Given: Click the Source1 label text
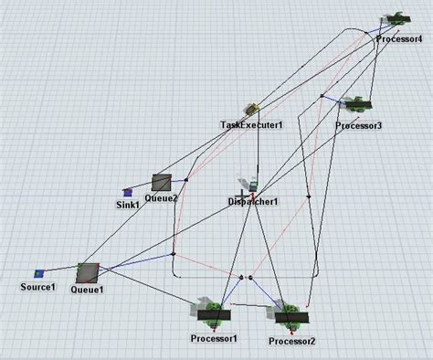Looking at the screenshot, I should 38,288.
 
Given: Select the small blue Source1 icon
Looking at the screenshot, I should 39,273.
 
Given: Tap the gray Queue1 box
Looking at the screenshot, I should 88,272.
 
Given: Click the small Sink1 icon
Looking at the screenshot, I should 128,192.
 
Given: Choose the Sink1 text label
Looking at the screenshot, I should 128,205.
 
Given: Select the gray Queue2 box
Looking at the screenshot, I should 163,182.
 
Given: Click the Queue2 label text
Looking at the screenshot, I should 161,197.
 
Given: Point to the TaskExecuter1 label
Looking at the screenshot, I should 251,124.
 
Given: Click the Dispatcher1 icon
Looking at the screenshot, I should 246,187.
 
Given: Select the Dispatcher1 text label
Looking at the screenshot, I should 252,201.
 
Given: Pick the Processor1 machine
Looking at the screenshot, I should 215,312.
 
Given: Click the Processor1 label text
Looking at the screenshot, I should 214,339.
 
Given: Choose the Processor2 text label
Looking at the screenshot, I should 292,341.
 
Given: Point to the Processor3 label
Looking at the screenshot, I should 358,125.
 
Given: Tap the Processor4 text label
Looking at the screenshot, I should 399,39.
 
